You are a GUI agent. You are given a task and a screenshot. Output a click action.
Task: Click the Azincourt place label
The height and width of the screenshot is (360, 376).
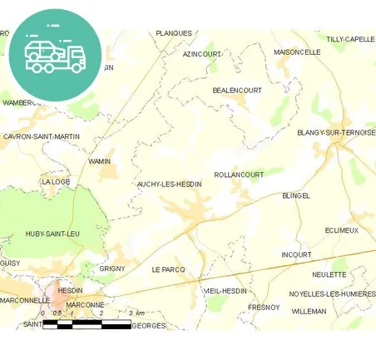point(202,54)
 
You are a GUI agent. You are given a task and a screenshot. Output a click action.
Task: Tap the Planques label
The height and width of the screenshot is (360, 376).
point(174,33)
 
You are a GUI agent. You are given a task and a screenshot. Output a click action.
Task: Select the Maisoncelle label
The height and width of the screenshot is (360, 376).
point(297,52)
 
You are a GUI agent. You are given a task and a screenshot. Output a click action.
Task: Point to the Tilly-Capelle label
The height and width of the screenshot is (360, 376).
point(350,39)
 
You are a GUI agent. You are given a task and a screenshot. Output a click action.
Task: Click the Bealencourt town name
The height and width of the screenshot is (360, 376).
point(237,90)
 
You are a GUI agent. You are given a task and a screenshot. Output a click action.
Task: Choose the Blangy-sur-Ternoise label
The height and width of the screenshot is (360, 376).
point(336,132)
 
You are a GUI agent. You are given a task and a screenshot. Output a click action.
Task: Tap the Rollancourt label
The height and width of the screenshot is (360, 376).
point(239,175)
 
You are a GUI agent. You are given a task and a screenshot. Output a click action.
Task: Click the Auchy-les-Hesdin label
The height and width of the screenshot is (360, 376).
point(169,184)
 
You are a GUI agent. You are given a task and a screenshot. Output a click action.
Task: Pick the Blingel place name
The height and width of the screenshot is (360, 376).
point(296,195)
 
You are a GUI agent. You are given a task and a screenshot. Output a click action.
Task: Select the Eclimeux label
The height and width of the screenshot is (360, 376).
point(342,229)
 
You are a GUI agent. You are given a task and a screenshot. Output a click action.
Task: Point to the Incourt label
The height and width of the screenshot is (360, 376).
point(296,254)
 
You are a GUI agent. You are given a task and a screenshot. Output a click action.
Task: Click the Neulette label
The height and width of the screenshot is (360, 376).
point(329,274)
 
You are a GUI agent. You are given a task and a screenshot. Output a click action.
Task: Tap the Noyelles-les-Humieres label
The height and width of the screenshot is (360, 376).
point(332,293)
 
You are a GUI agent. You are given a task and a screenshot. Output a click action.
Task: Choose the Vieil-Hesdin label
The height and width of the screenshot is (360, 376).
point(225,291)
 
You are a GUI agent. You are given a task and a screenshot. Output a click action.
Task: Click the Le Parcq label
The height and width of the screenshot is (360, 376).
point(168,269)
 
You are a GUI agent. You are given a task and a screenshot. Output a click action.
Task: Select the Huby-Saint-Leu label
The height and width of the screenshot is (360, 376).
point(52,234)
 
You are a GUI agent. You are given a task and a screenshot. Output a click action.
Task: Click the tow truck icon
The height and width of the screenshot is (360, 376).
point(55,56)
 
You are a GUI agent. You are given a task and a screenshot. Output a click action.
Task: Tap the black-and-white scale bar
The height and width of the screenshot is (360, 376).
point(87,323)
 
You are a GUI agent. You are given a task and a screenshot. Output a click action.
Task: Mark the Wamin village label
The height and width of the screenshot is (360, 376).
point(99,161)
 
